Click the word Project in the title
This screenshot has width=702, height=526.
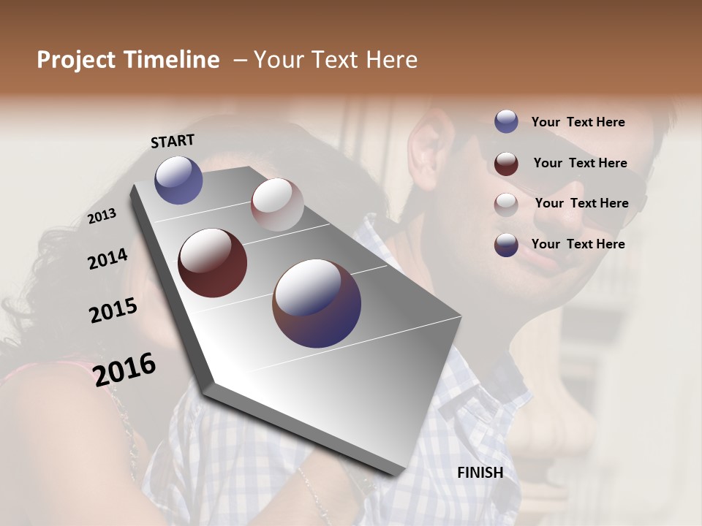[x=76, y=61]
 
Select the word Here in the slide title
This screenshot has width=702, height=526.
[x=391, y=60]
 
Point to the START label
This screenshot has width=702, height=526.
[x=173, y=141]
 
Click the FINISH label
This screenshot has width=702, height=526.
[x=480, y=473]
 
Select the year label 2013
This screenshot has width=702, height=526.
[x=102, y=216]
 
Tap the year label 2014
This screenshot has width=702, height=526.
[x=107, y=259]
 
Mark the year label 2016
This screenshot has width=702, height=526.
[x=125, y=370]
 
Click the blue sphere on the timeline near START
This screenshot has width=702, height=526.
[x=178, y=180]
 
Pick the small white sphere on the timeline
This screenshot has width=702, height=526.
[x=277, y=204]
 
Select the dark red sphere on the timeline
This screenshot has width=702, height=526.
[x=213, y=263]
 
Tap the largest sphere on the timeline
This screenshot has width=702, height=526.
[x=317, y=303]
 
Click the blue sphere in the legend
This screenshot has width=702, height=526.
[x=506, y=122]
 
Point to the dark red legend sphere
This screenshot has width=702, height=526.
[x=506, y=163]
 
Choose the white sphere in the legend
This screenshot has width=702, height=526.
[x=506, y=204]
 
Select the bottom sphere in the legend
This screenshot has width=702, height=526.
[x=506, y=245]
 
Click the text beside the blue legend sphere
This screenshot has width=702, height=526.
[x=578, y=122]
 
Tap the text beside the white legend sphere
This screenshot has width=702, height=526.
[x=581, y=203]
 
